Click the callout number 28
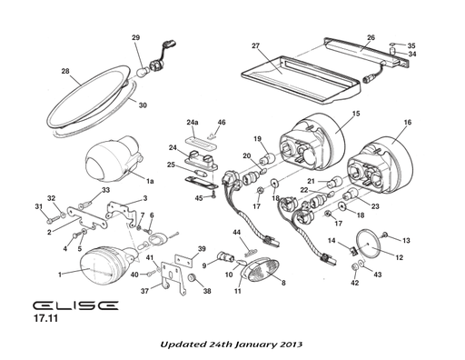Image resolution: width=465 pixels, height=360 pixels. pos(65,72)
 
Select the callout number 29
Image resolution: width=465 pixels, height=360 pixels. pos(136,37)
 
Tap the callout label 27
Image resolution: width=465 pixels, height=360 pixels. pos(256,45)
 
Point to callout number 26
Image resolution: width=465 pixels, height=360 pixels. pos(371,39)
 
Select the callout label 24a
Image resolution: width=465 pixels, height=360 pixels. pos(193,122)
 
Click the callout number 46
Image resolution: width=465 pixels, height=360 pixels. pos(222,122)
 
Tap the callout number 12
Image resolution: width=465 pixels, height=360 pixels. pos(401,257)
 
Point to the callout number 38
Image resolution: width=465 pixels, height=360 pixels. pos(207,293)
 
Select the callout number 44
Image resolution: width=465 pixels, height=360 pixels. pos(236,233)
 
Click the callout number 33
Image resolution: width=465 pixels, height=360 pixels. pos(106,190)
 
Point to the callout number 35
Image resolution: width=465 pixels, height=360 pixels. pos(411,45)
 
